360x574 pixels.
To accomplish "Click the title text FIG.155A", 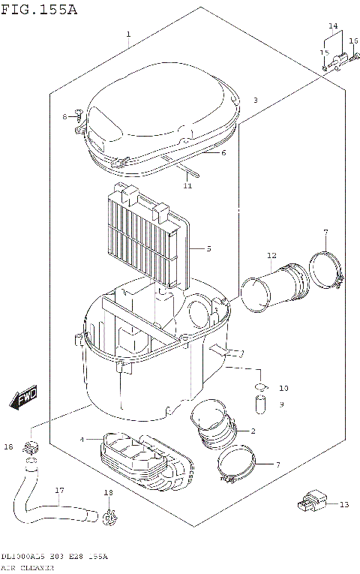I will (39, 9).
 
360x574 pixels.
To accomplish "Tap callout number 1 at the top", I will (128, 35).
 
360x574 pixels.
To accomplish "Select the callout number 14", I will (333, 26).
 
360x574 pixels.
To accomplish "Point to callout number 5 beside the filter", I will (208, 248).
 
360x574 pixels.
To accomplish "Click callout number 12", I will (271, 256).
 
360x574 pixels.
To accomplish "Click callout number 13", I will (344, 505).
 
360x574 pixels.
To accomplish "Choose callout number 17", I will (58, 491).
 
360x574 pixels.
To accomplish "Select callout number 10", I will (283, 388).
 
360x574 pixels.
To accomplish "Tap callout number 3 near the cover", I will (255, 100).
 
